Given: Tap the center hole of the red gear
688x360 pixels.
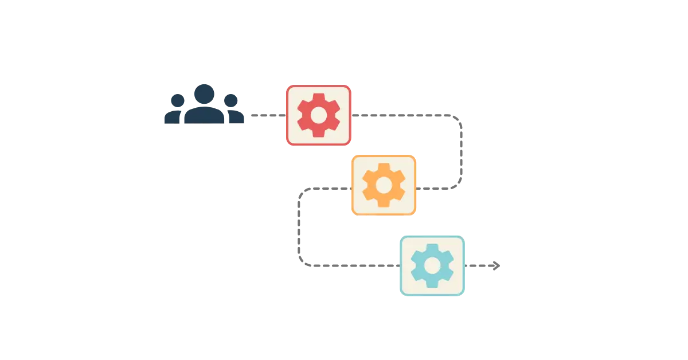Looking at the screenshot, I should point(318,115).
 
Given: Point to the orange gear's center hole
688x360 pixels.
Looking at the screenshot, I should point(384,185).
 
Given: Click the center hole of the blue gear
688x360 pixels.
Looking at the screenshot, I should point(432,265).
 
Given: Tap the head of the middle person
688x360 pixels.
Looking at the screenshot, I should point(204,92).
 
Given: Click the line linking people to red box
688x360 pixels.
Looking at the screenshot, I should point(266,115).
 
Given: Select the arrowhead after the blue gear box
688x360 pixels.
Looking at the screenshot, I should point(495,265).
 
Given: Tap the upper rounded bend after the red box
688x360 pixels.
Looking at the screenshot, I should point(458,120).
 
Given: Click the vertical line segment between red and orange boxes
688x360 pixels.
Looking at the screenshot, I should point(462,150).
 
